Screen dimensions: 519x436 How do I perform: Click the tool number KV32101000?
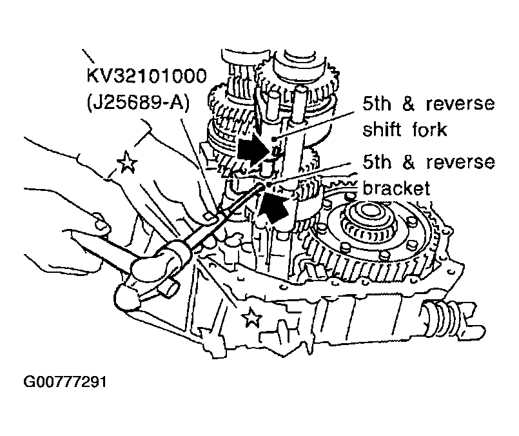[x=146, y=76]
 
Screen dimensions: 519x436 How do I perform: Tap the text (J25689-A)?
[x=138, y=103]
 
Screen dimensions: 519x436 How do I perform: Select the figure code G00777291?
[x=65, y=382]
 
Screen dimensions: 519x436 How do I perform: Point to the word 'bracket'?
[x=397, y=188]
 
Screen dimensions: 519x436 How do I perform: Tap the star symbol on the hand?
[x=127, y=161]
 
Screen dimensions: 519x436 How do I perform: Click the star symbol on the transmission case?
[x=251, y=317]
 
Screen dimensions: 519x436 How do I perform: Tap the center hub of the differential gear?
[x=366, y=211]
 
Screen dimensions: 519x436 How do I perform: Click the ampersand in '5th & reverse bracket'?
[x=409, y=163]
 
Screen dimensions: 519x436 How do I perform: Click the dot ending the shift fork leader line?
[x=274, y=139]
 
